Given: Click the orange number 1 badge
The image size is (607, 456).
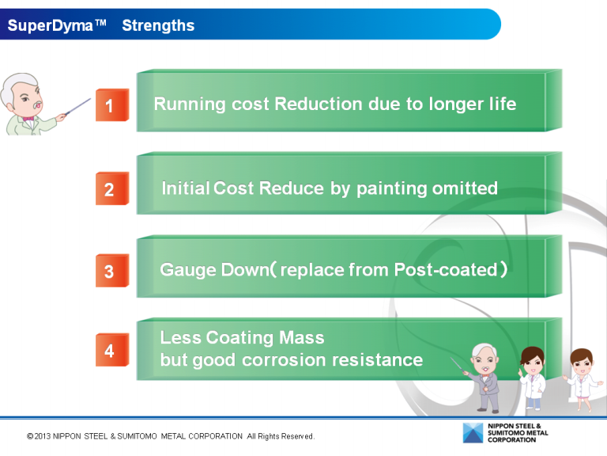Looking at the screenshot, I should point(111,105).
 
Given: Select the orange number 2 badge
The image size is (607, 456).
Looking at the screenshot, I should point(111,189).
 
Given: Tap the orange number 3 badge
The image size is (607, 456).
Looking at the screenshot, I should point(111,272).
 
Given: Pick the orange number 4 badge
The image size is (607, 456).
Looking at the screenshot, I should point(111,350).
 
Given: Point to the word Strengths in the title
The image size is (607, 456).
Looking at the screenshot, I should point(158,25).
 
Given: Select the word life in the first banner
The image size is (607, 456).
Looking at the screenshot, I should point(501,104).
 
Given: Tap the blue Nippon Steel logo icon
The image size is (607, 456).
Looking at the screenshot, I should point(474,433).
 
